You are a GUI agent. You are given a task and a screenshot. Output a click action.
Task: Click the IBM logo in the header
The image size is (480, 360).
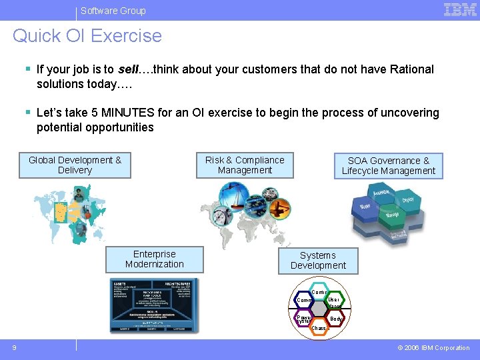point(460,9)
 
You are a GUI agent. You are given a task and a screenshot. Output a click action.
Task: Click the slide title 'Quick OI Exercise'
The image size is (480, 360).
point(87,36)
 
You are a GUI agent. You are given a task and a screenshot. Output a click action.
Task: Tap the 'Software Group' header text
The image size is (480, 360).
point(113,11)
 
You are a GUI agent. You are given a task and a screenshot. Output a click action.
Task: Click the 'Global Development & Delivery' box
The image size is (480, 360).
point(75,165)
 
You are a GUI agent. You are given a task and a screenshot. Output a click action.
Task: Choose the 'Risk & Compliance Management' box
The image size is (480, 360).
point(245,165)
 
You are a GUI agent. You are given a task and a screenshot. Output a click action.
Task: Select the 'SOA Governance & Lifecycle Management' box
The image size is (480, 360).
point(388,166)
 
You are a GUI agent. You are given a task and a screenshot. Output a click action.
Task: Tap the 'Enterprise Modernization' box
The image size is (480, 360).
point(154,259)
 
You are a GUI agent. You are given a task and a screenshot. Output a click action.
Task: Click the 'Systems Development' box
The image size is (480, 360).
point(317,261)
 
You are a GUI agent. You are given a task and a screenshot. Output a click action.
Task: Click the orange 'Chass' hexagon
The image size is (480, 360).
point(319,328)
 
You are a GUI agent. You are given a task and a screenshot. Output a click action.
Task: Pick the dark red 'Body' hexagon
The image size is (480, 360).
point(336,319)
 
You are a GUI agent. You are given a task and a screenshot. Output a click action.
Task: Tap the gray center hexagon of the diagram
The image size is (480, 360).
point(319,310)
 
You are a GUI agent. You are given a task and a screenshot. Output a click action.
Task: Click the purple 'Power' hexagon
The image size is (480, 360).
point(303,319)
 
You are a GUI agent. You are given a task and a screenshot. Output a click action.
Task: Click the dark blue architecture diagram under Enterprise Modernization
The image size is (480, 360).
point(154,305)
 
